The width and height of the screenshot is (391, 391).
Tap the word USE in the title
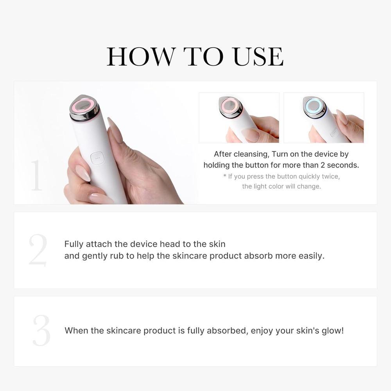258,56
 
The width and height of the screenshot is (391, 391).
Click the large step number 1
36,176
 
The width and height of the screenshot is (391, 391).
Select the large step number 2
38,250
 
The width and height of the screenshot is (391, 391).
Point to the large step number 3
41,330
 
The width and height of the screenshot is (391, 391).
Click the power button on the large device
96,158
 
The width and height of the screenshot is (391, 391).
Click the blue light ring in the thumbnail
314,105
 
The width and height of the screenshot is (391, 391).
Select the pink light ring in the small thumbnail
230,105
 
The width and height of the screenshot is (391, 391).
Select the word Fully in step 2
74,244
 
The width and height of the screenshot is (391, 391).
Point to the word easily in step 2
311,256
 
